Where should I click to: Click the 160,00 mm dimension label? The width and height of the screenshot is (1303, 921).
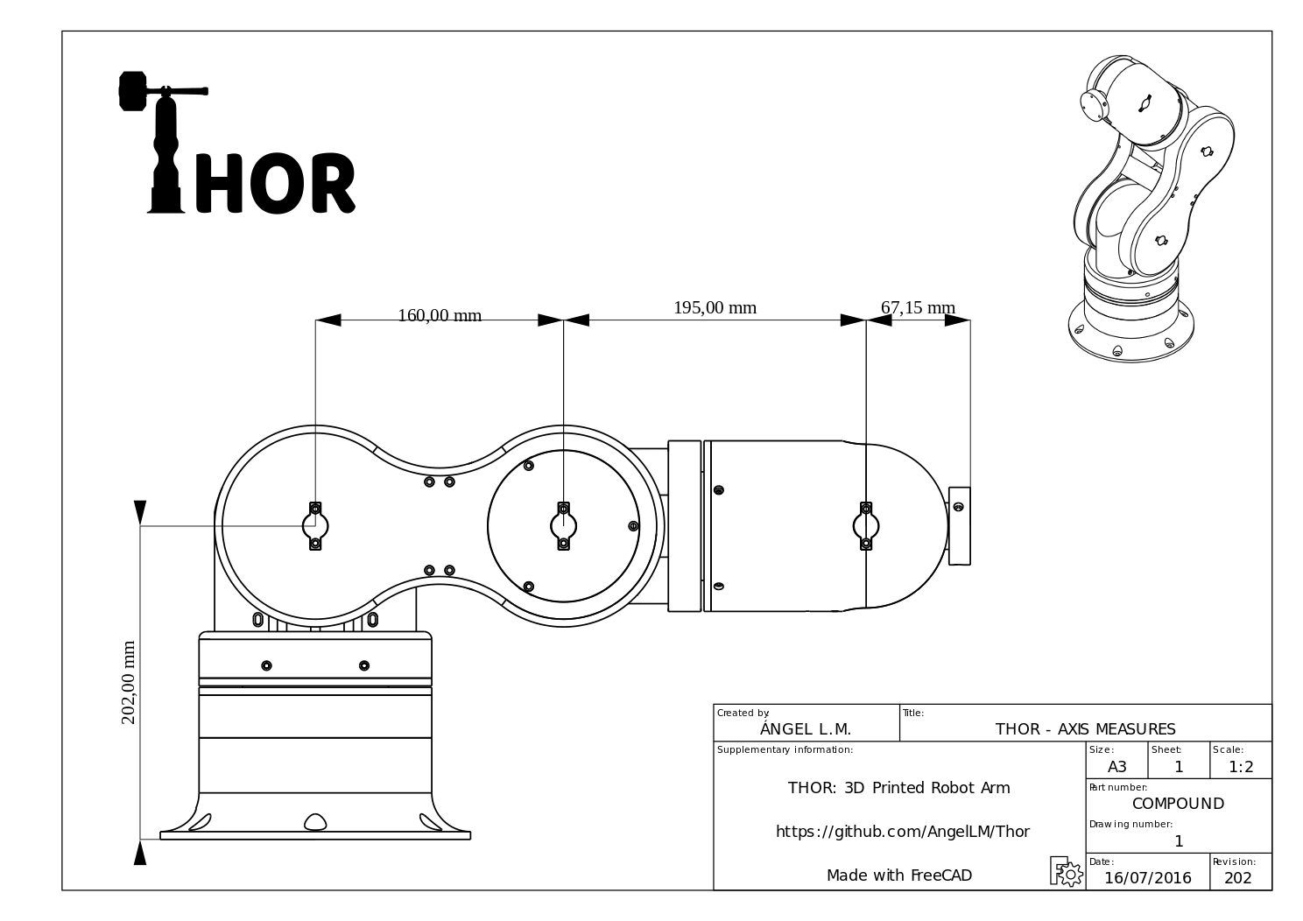point(440,315)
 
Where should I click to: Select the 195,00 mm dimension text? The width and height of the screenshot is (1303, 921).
point(715,307)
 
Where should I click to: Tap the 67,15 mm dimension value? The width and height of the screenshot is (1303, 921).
point(918,307)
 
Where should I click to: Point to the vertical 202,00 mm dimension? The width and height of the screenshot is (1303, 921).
point(128,683)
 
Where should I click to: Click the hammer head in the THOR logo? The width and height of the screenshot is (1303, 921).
point(132,91)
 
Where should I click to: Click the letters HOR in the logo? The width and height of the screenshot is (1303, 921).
point(275,183)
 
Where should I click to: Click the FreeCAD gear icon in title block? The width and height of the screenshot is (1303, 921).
point(1067,871)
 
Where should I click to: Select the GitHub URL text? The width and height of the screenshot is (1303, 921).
point(903,832)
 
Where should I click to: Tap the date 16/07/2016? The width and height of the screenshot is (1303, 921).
point(1148,878)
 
